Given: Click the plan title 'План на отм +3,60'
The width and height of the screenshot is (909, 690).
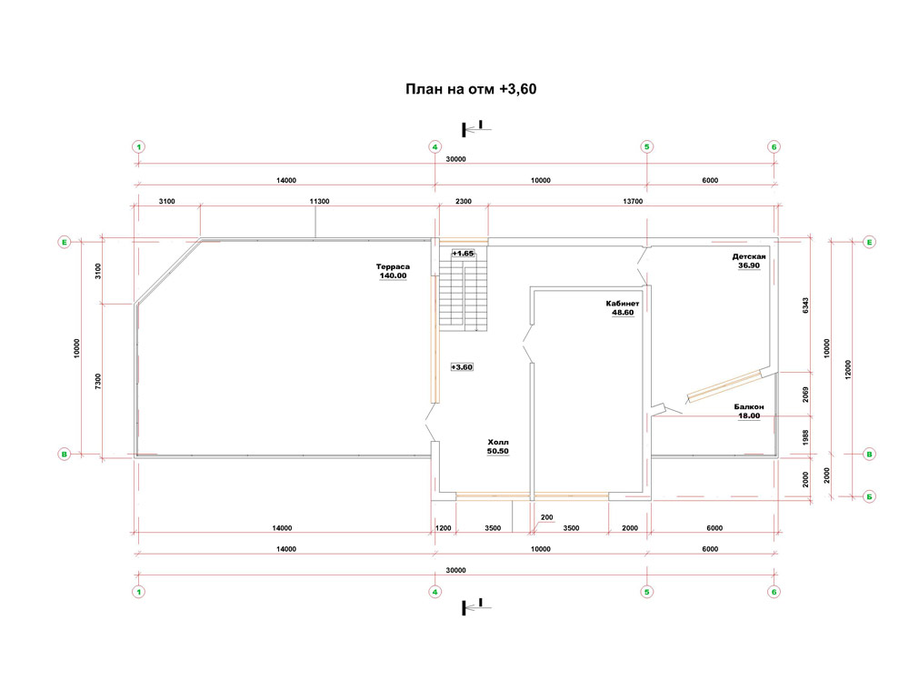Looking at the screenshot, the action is (x=471, y=89).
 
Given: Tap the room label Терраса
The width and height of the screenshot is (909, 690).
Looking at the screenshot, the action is (x=393, y=266).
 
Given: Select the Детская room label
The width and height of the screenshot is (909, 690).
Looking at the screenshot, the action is (x=749, y=256).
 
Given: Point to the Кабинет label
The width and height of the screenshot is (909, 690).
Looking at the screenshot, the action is (x=623, y=304).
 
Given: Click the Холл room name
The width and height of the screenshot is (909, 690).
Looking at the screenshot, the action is (x=498, y=442).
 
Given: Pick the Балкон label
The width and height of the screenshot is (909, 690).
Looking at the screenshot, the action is (x=749, y=406).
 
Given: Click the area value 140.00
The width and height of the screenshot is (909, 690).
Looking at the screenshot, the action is (x=393, y=276).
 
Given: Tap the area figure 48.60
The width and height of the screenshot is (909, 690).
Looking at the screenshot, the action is (x=624, y=313).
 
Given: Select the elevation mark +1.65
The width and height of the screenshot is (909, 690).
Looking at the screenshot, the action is (x=464, y=254).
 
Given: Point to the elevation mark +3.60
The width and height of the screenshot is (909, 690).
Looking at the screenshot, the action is (x=462, y=367).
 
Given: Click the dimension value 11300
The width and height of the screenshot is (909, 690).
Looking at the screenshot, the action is (x=319, y=201).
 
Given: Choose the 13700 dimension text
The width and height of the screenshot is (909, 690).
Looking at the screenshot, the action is (x=633, y=201).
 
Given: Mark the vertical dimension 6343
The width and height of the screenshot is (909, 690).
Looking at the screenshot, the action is (x=805, y=306).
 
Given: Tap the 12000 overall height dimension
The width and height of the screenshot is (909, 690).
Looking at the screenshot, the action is (x=848, y=369).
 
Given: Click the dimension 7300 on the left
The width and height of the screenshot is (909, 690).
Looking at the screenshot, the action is (x=98, y=381).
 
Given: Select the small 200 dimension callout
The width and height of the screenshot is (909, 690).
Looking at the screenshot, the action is (x=546, y=517).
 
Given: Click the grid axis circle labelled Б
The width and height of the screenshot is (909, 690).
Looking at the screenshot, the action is (x=869, y=496).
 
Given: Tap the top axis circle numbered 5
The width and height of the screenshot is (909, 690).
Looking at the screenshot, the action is (x=647, y=146).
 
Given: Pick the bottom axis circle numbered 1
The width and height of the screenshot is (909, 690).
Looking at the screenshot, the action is (x=138, y=592).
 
